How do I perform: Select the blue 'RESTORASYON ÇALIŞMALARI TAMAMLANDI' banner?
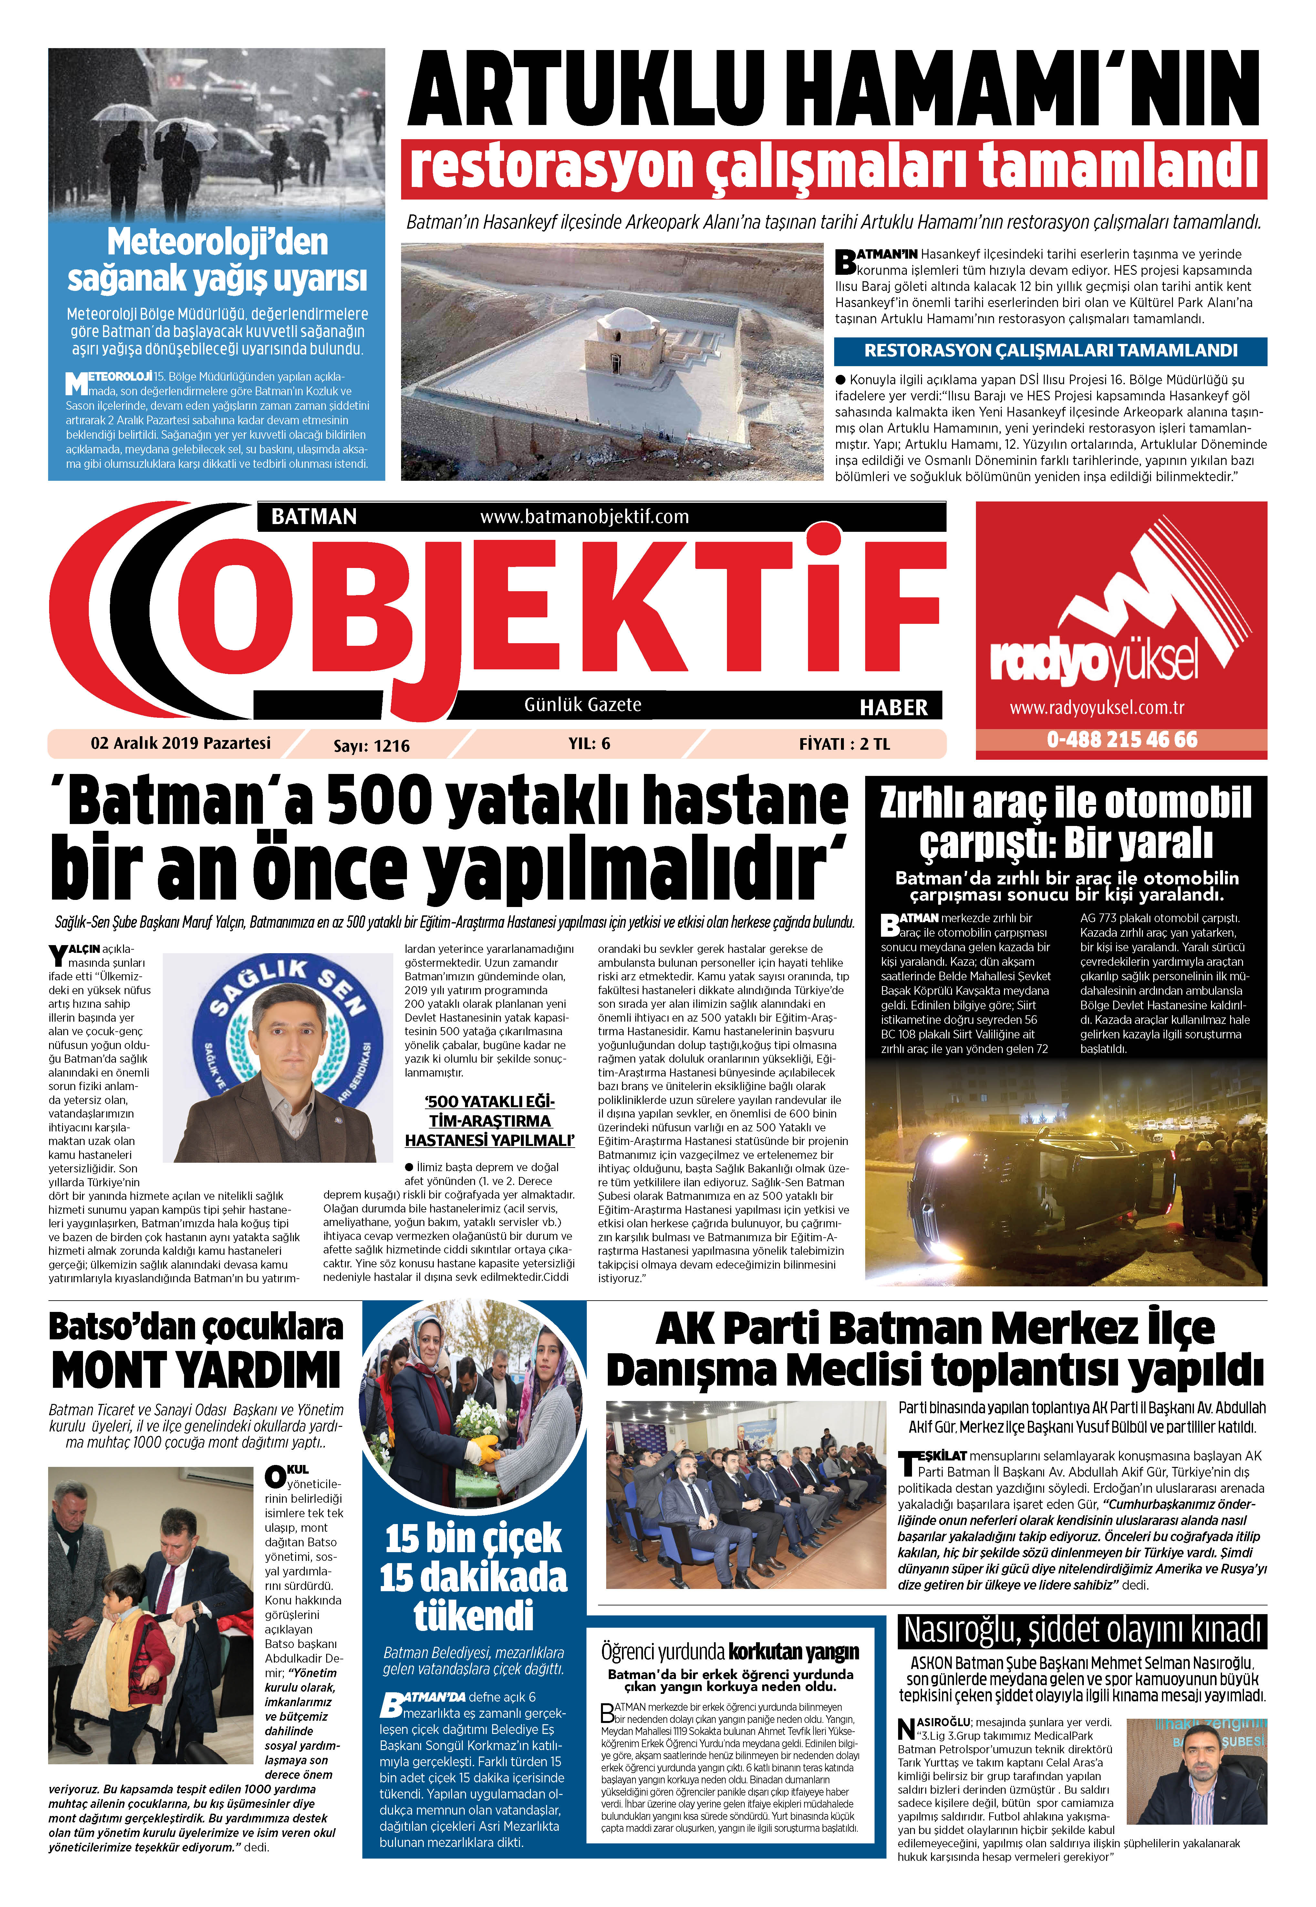1050,350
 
